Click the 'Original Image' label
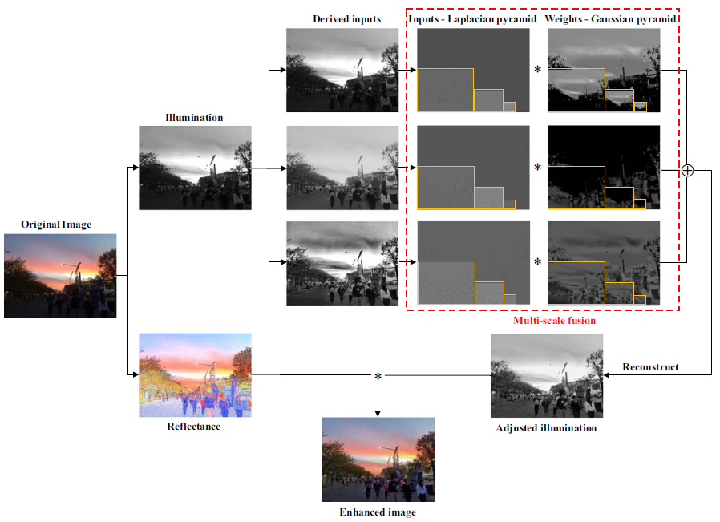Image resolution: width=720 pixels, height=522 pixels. point(56,225)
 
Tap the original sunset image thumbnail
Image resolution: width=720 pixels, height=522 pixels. point(60,275)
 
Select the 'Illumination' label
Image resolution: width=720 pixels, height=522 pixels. point(194,118)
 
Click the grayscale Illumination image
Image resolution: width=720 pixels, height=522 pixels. point(195,168)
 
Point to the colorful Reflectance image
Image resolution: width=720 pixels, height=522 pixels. point(195,374)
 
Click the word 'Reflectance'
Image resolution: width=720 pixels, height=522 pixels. point(194,427)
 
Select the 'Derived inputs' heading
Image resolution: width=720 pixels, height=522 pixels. point(347,18)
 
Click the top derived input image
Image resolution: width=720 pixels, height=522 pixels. point(342,70)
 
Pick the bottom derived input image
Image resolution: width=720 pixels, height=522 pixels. point(342,263)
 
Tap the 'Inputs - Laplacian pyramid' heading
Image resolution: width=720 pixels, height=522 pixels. point(472,18)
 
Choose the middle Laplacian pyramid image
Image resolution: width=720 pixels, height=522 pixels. point(473,168)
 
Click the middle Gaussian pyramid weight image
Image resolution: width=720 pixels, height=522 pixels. point(604,168)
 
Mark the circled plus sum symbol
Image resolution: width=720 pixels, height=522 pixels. point(687,170)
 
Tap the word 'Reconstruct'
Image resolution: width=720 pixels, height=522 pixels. point(650,367)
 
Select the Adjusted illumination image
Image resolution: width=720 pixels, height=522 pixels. point(547,375)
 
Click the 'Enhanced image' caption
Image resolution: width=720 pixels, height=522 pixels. point(378,512)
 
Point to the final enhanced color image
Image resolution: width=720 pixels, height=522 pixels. point(378,459)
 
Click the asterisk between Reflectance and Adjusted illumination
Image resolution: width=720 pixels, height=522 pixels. point(378,376)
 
